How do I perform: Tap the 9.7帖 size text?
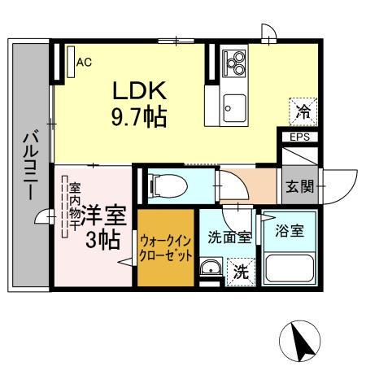coord(139,117)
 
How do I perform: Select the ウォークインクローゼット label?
coord(166,248)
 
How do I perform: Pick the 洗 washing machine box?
coord(241,272)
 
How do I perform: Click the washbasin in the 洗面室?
coord(210,268)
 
